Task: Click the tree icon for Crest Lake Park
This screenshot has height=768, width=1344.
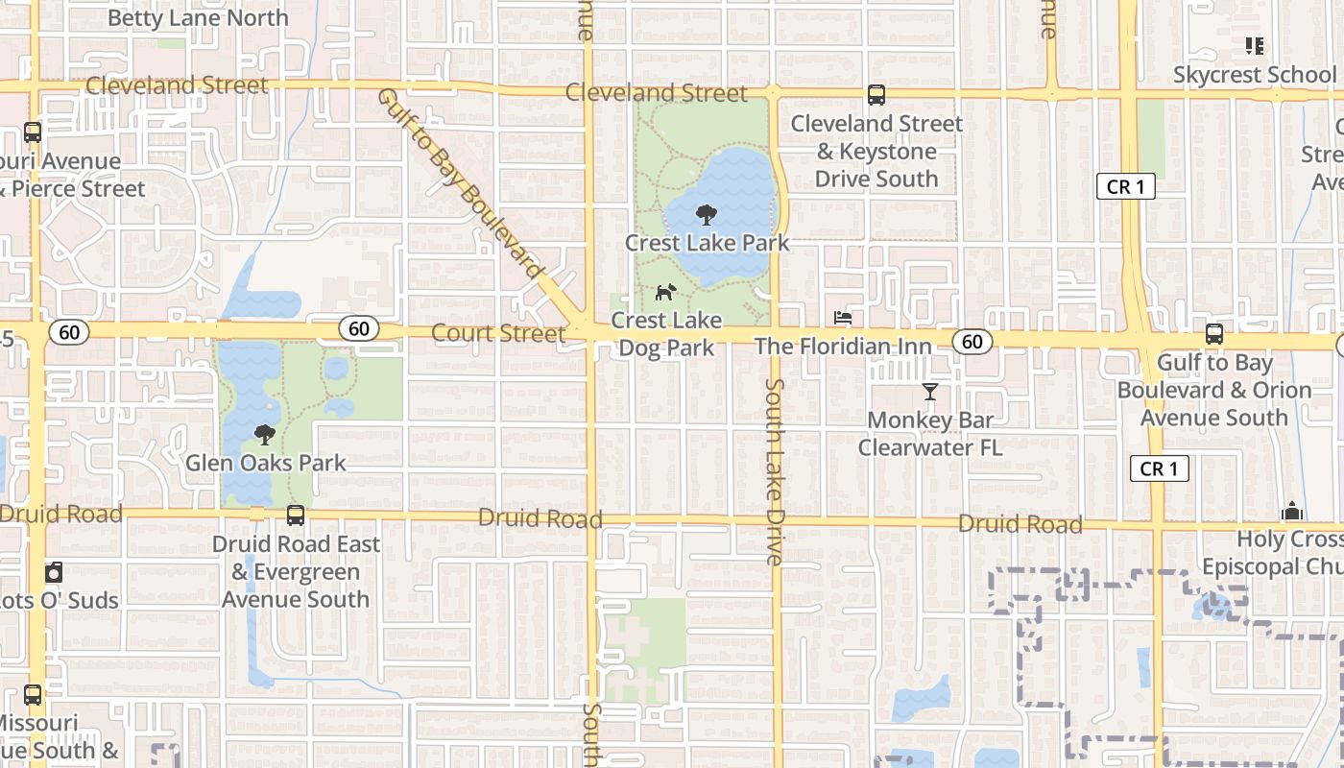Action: click(x=707, y=214)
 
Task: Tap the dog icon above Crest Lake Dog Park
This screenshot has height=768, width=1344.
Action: click(x=664, y=292)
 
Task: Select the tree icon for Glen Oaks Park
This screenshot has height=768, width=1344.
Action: click(x=264, y=435)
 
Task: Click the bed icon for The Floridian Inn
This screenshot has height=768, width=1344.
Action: click(x=843, y=318)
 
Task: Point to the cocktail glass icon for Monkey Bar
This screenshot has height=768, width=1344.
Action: click(x=929, y=391)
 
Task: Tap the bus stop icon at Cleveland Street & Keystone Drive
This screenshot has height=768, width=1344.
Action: click(x=876, y=95)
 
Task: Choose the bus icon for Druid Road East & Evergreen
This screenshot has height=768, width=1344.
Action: click(x=296, y=516)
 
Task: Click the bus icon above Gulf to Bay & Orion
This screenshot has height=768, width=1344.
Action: click(x=1214, y=334)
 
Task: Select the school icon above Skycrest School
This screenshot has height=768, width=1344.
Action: click(x=1254, y=46)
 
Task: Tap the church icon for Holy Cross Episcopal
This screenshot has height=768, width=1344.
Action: click(x=1292, y=510)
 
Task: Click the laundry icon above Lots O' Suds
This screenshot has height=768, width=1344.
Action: click(x=54, y=573)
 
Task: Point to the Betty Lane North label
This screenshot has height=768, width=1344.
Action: click(x=198, y=18)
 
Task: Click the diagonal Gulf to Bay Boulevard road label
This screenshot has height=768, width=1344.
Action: click(x=461, y=183)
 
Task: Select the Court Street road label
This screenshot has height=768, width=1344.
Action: click(x=498, y=333)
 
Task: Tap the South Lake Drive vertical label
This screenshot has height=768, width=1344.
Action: click(x=775, y=470)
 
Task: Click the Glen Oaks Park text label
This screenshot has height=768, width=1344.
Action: click(x=265, y=463)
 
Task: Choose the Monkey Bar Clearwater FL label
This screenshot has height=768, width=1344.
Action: click(x=929, y=434)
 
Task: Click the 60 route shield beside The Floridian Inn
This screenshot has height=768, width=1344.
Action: click(x=972, y=341)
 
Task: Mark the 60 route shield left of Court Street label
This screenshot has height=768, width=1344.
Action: click(x=358, y=329)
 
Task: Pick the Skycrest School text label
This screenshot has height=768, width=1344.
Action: click(x=1255, y=75)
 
